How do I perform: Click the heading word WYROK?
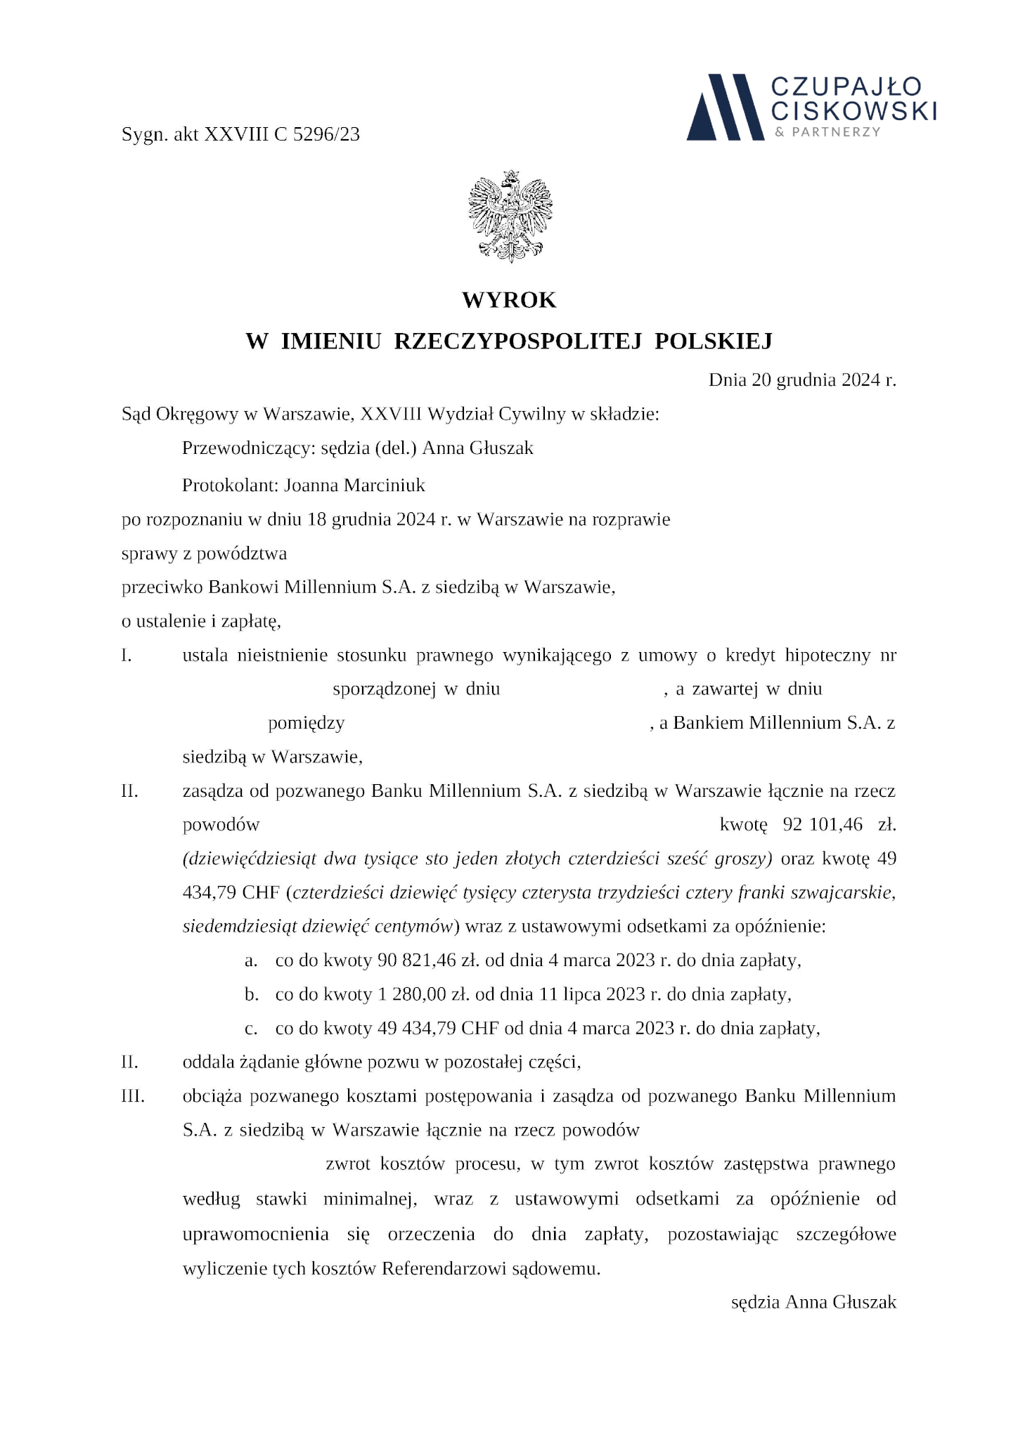click(509, 300)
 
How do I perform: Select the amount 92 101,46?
click(822, 824)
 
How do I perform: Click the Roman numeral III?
click(133, 1096)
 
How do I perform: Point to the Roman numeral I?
click(127, 656)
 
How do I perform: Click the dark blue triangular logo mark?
click(725, 106)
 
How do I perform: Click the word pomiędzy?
click(306, 723)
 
